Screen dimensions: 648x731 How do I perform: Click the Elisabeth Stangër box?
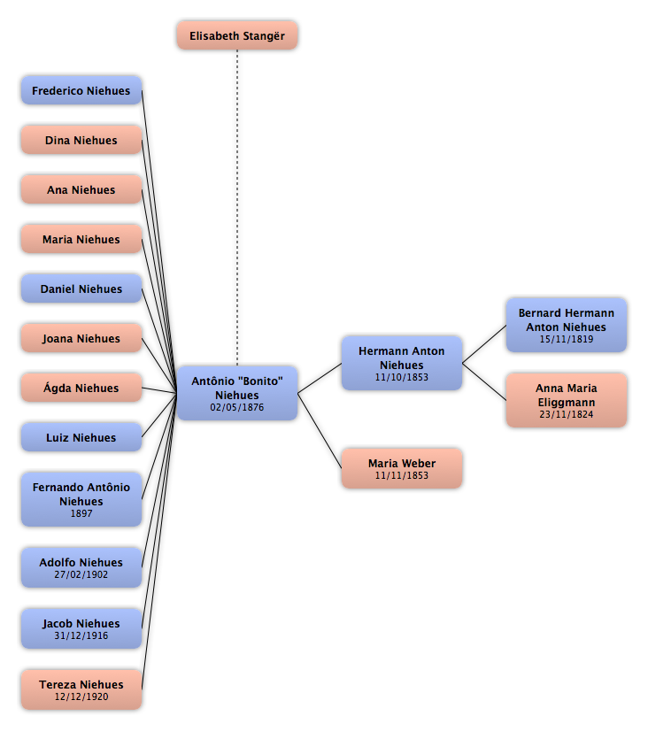[x=237, y=35]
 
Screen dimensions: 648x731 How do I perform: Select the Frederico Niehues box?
[x=81, y=90]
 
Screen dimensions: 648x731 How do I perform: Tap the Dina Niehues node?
[x=81, y=140]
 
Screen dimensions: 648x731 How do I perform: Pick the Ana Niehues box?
[x=81, y=189]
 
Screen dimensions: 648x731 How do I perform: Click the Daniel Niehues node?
[x=81, y=289]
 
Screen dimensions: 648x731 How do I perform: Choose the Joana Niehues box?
[x=81, y=337]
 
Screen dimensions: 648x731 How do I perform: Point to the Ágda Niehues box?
[x=81, y=387]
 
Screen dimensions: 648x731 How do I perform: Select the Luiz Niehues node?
[x=81, y=437]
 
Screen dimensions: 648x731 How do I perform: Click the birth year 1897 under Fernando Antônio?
[x=81, y=513]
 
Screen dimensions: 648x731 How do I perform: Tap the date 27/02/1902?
[x=81, y=574]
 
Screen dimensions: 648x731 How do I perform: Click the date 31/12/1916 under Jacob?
[x=81, y=635]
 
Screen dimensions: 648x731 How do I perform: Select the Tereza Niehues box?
[x=81, y=689]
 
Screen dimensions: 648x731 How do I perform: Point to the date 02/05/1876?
[x=237, y=407]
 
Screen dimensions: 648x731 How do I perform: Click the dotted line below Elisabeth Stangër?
[x=237, y=207]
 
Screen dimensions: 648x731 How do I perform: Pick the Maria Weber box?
[x=402, y=468]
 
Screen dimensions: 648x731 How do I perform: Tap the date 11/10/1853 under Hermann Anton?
[x=402, y=377]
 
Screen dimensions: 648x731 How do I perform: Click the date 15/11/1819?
[x=567, y=339]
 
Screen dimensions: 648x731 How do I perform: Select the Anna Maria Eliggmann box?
[x=567, y=400]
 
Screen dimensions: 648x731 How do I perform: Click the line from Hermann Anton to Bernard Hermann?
[x=484, y=344]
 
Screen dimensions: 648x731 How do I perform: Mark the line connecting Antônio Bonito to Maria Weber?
[x=320, y=431]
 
